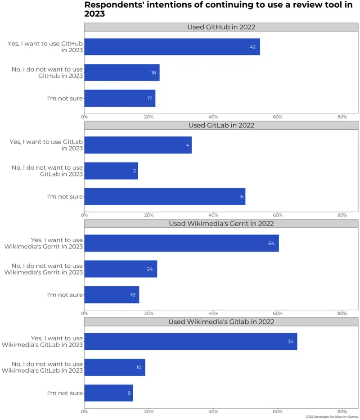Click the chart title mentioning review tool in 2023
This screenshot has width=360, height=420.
tap(218, 9)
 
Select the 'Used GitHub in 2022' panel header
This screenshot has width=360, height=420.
tap(221, 27)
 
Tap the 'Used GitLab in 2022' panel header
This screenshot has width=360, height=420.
tap(221, 125)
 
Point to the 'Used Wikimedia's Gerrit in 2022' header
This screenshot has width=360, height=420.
tap(221, 223)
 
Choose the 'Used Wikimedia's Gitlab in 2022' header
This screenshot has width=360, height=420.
tap(221, 322)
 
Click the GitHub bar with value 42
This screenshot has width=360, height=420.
tap(172, 47)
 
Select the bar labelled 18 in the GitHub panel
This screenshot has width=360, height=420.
tap(121, 72)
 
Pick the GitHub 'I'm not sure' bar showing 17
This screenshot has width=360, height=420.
tap(120, 98)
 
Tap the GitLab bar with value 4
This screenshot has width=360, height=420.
tap(138, 145)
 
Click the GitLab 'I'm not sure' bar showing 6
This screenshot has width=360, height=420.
tap(165, 197)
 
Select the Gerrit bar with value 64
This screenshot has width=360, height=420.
tap(181, 243)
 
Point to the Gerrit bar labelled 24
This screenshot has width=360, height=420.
tap(121, 269)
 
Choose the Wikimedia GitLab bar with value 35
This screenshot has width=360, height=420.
tap(190, 342)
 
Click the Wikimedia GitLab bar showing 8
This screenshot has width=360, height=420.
tap(108, 393)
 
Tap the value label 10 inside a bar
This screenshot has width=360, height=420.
tap(139, 367)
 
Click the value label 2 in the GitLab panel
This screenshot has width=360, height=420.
tap(134, 171)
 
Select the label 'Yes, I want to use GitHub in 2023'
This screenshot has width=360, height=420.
tap(45, 47)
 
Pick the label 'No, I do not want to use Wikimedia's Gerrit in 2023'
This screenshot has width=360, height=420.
tap(44, 269)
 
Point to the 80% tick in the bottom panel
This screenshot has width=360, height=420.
tap(342, 411)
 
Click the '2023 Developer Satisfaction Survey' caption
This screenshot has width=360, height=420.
tap(332, 417)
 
